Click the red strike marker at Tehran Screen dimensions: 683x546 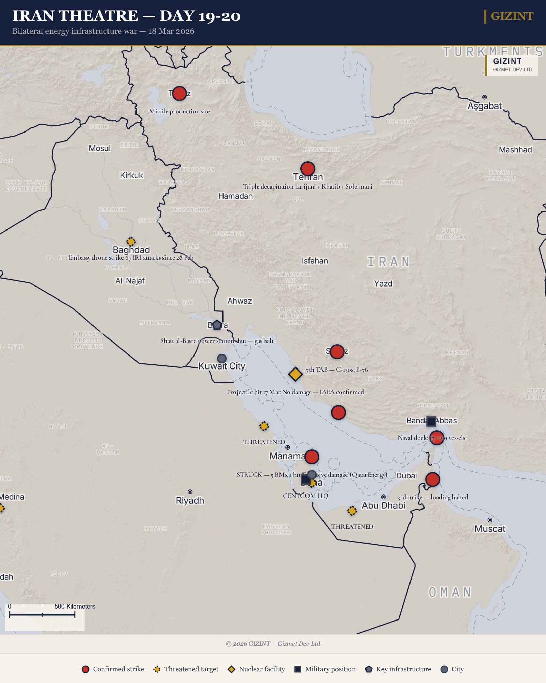pyautogui.click(x=307, y=168)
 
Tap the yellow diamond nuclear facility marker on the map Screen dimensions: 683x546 pyautogui.click(x=295, y=374)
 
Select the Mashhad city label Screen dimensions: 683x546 pyautogui.click(x=515, y=150)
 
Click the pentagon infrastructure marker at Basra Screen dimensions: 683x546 pyautogui.click(x=217, y=325)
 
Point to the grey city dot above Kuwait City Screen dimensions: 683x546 pyautogui.click(x=222, y=358)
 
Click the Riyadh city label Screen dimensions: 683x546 pyautogui.click(x=190, y=500)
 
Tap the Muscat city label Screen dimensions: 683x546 pyautogui.click(x=490, y=529)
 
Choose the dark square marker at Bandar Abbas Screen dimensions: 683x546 pyautogui.click(x=431, y=421)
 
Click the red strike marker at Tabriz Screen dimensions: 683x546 pyautogui.click(x=179, y=93)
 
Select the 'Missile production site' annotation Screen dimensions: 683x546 pyautogui.click(x=179, y=111)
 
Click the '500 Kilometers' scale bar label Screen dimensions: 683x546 pyautogui.click(x=75, y=606)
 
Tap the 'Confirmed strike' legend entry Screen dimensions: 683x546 pyautogui.click(x=113, y=669)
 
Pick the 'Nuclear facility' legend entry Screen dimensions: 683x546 pyautogui.click(x=256, y=669)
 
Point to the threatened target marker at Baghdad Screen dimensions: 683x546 pyautogui.click(x=131, y=241)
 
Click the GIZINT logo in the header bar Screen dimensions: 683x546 pyautogui.click(x=512, y=16)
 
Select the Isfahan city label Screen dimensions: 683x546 pyautogui.click(x=315, y=261)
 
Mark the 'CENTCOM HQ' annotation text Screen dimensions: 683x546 pyautogui.click(x=305, y=496)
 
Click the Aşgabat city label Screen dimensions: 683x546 pyautogui.click(x=485, y=106)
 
